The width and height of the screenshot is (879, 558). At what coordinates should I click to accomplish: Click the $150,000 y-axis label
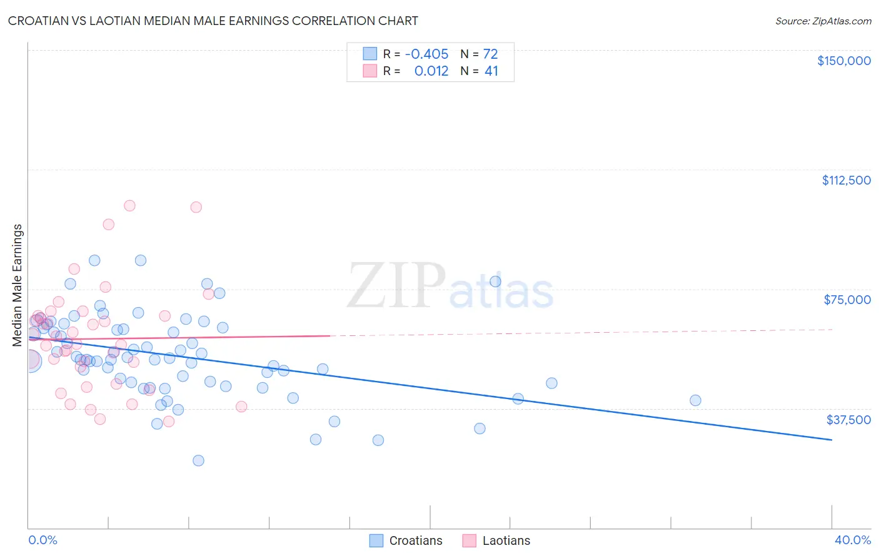pyautogui.click(x=843, y=61)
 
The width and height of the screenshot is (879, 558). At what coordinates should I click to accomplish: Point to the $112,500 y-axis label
pyautogui.click(x=846, y=180)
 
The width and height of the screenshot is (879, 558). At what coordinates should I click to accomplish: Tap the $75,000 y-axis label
pyautogui.click(x=847, y=300)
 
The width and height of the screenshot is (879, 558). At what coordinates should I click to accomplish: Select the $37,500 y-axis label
pyautogui.click(x=848, y=419)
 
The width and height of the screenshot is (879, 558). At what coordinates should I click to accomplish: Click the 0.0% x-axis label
pyautogui.click(x=43, y=540)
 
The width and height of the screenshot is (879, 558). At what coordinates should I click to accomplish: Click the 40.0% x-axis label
pyautogui.click(x=852, y=540)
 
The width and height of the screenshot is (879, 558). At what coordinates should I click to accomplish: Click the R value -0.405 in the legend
pyautogui.click(x=426, y=54)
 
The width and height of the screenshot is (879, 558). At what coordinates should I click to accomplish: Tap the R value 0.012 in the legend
pyautogui.click(x=431, y=71)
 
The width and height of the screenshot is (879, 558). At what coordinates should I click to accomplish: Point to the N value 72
pyautogui.click(x=491, y=54)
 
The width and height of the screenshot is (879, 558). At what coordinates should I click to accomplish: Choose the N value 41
pyautogui.click(x=491, y=71)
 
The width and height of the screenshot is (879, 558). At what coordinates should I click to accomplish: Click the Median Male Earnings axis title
pyautogui.click(x=18, y=285)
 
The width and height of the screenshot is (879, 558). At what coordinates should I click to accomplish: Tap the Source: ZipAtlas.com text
pyautogui.click(x=823, y=21)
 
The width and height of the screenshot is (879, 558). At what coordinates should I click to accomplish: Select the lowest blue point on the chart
pyautogui.click(x=198, y=460)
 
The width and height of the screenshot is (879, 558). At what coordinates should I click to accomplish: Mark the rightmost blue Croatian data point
pyautogui.click(x=695, y=400)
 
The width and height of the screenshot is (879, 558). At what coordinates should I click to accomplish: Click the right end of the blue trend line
pyautogui.click(x=831, y=440)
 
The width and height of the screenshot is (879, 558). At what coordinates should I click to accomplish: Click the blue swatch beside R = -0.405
pyautogui.click(x=370, y=54)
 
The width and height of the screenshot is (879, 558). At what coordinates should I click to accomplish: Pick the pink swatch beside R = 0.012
pyautogui.click(x=370, y=71)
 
